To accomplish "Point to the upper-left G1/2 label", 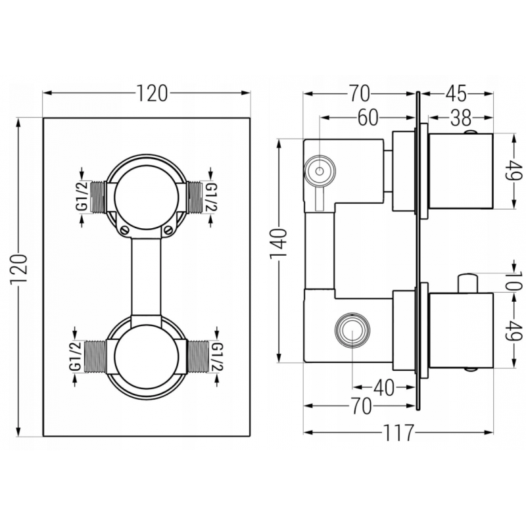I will (82, 197).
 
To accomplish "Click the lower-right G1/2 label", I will (216, 359).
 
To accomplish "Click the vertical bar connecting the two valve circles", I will (146, 276).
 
